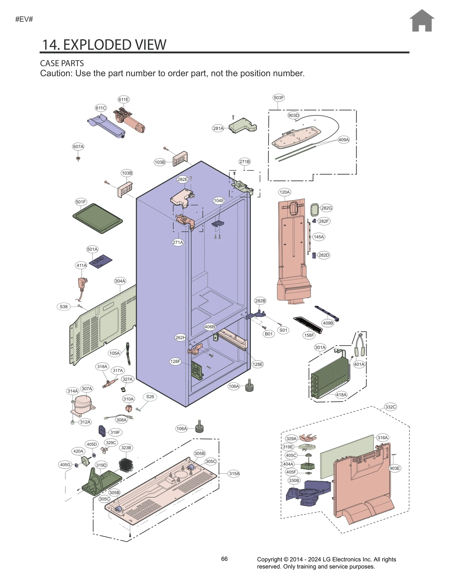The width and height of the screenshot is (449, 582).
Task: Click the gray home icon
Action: [x=421, y=21]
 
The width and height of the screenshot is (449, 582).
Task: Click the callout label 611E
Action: [x=123, y=99]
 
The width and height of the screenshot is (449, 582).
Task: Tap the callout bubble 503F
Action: [x=278, y=98]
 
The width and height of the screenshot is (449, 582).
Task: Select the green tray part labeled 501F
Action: [x=97, y=218]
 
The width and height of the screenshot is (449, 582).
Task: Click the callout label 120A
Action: [x=284, y=192]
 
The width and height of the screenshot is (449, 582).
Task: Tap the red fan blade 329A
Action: [x=308, y=438]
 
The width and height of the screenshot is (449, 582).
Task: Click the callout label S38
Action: [x=64, y=307]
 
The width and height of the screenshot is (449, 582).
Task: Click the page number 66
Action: [x=224, y=559]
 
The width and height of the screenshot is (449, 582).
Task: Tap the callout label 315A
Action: [x=234, y=474]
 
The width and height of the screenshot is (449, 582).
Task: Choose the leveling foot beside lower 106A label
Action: [x=199, y=427]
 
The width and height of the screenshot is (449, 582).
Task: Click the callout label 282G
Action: [x=327, y=208]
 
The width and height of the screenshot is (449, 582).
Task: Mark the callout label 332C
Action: [x=390, y=407]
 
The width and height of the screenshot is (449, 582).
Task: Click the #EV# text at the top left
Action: [x=24, y=19]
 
